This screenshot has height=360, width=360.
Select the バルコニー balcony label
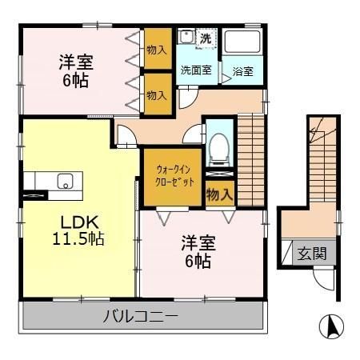coord(140,316)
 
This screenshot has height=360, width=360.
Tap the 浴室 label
coord(242,71)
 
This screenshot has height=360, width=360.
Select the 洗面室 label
coord(195,70)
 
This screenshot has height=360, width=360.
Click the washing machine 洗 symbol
coord(206,38)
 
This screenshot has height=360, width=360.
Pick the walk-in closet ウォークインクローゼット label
coord(171,175)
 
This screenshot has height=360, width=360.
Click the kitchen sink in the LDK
coord(62,180)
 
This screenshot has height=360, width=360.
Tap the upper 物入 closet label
coord(156,50)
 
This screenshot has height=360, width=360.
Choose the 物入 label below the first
coord(156,94)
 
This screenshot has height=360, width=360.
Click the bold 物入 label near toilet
coord(219,194)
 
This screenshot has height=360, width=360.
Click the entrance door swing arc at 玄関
coord(322,280)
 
